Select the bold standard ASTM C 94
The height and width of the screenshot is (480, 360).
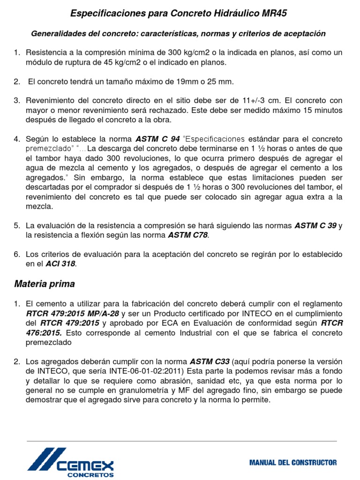157,139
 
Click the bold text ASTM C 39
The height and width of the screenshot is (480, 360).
315,225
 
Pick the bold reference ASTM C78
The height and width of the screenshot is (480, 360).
187,235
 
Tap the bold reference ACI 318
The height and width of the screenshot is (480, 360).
60,264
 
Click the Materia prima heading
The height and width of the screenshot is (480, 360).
45,284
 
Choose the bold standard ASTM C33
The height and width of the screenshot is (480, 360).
210,361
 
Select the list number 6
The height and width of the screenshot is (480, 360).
17,254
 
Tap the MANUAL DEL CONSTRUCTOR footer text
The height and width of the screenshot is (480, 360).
293,462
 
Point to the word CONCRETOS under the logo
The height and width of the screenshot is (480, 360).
91,474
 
